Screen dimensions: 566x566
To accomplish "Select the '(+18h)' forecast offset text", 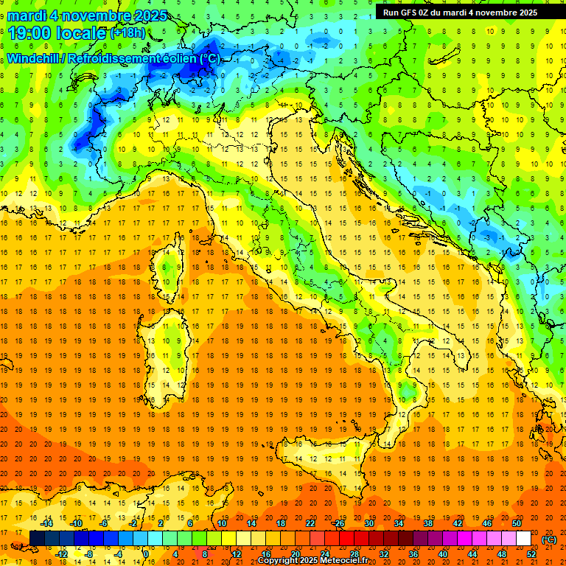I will click(127, 33).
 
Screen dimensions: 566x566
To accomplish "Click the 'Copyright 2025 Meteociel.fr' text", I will click(318, 561).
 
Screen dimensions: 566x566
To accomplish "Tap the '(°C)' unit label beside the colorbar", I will click(550, 539).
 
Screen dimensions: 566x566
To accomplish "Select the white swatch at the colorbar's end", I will click(524, 539).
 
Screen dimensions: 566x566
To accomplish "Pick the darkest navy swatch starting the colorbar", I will click(37, 539).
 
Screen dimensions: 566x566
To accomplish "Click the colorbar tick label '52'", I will click(531, 554).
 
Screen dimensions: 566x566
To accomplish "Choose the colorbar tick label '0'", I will click(146, 554).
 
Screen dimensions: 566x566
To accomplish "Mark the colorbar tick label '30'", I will click(369, 523).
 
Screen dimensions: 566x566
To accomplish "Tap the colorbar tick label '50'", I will click(517, 523).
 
